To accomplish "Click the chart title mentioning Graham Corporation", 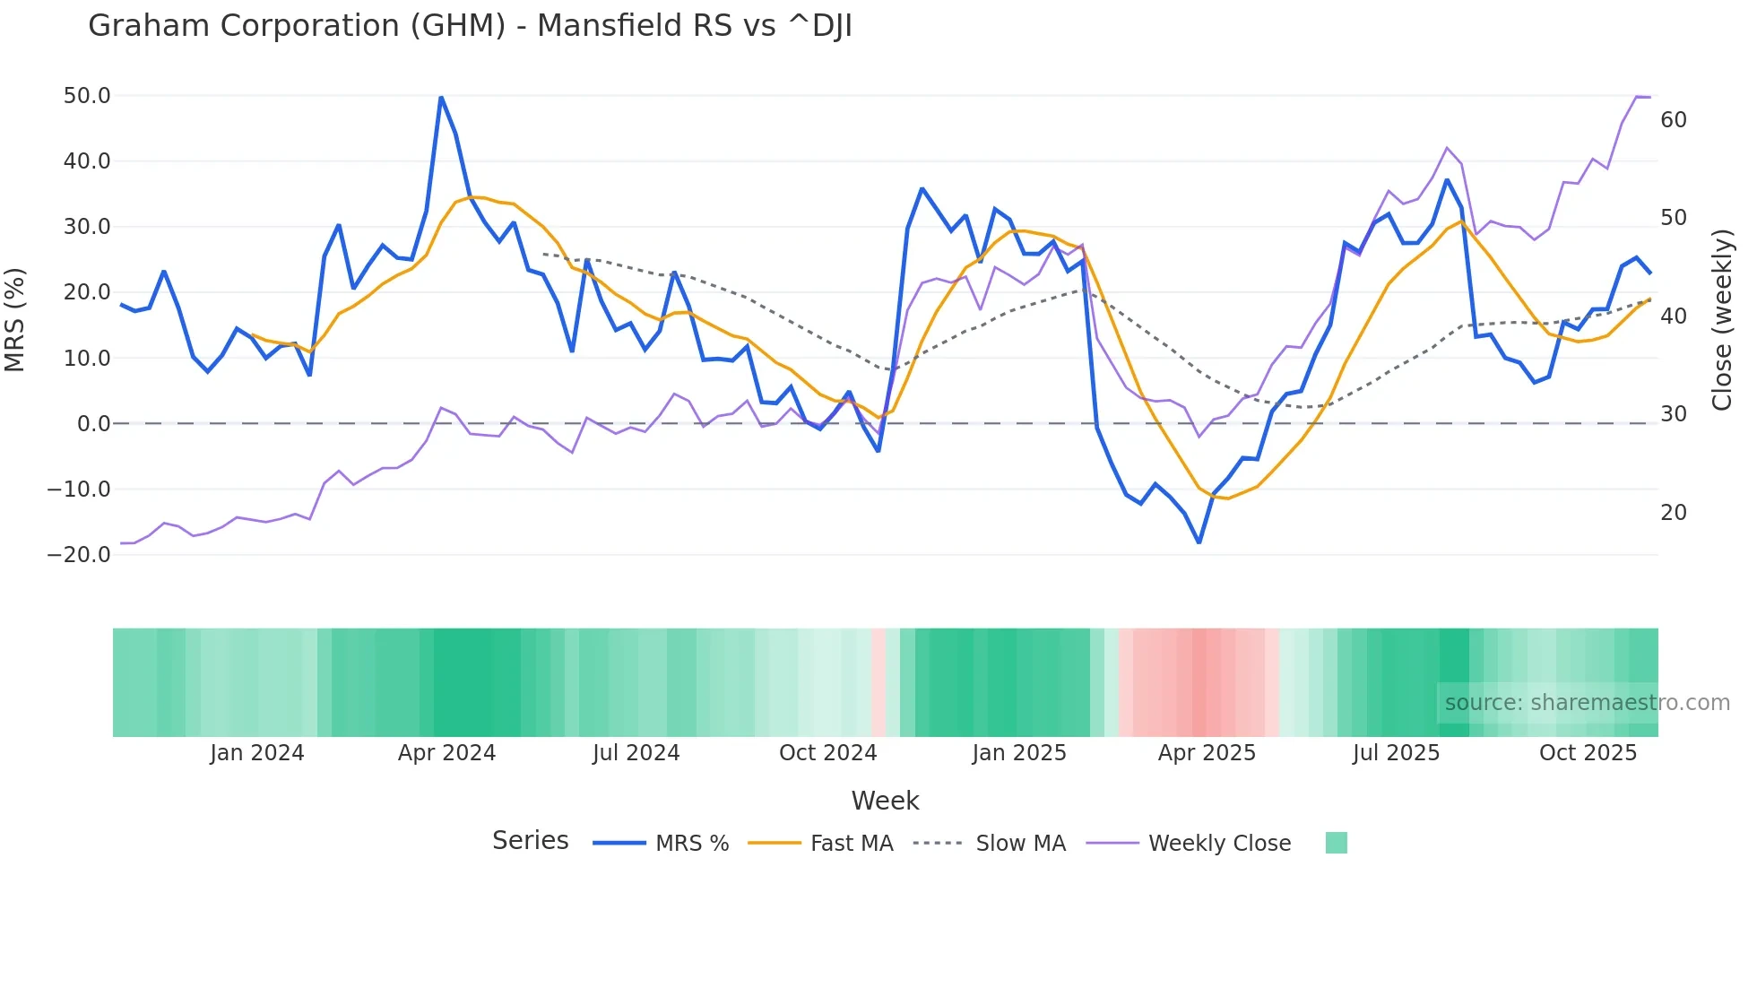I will (x=470, y=26).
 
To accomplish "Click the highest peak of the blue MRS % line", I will (x=441, y=97).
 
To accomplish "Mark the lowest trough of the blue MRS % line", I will (x=1199, y=542).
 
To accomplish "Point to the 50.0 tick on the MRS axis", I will (x=87, y=96).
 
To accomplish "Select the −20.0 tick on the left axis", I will (x=80, y=555).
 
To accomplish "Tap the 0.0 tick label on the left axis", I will (x=93, y=424).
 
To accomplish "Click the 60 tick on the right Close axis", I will (x=1674, y=120).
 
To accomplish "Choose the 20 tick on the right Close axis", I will (x=1674, y=513).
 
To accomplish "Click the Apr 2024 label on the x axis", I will (x=446, y=753).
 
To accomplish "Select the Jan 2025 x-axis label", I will (x=1019, y=753).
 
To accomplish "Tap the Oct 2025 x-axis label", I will (x=1588, y=753).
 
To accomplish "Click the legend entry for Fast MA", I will (x=851, y=844).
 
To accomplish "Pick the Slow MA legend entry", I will (x=1020, y=844).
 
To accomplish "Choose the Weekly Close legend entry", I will (x=1219, y=844).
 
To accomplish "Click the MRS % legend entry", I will (x=691, y=844).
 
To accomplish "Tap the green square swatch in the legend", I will (x=1336, y=843).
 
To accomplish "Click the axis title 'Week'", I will (x=885, y=801).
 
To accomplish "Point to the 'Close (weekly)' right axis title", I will (x=1722, y=320).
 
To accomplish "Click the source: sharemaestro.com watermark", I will (x=1587, y=703).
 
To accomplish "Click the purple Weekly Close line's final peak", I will (x=1638, y=96).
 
